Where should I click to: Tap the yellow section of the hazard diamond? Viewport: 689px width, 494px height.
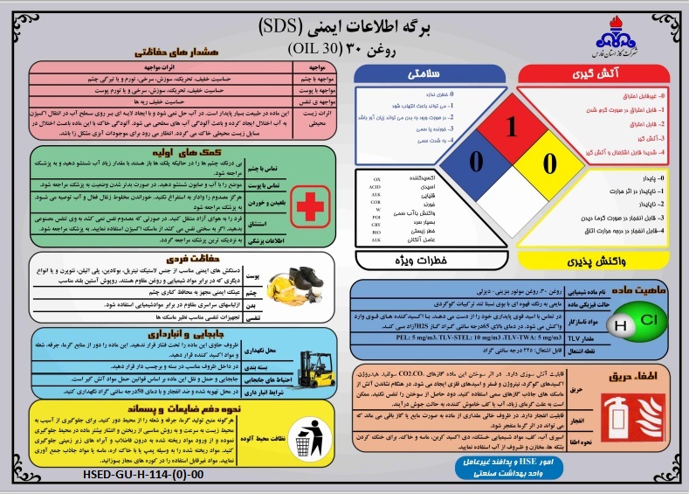[x=548, y=164]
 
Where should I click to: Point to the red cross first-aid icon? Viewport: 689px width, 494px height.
[x=309, y=206]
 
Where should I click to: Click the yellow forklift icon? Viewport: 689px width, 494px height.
[x=310, y=360]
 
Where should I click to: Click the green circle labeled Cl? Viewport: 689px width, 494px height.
[x=649, y=319]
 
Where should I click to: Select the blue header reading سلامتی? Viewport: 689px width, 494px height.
[x=429, y=76]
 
